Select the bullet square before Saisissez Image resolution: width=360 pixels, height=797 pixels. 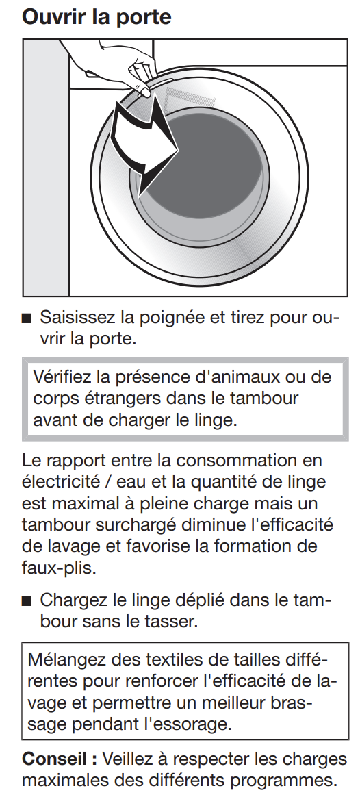tap(27, 319)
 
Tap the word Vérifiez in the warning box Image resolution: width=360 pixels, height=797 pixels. tap(62, 377)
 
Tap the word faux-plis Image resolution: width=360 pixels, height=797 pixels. tap(59, 568)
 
